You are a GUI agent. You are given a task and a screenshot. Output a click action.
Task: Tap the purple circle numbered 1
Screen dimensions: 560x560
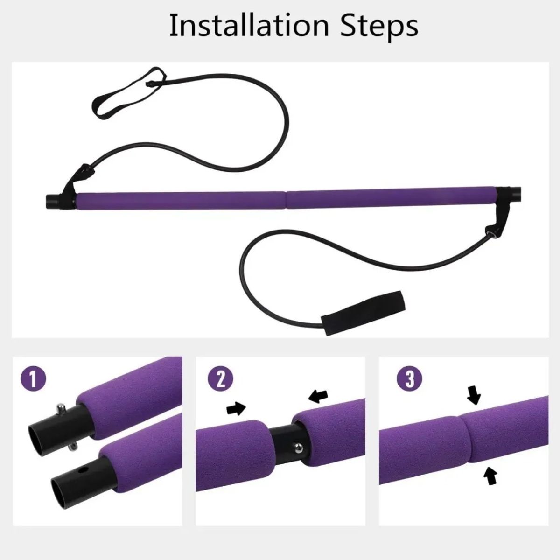point(33,378)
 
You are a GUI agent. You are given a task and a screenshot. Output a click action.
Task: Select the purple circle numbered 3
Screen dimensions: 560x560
point(409,378)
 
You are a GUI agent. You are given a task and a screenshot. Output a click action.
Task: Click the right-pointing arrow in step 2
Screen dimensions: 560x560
point(236,408)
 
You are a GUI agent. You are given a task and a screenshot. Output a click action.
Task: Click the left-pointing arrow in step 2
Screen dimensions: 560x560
point(319,396)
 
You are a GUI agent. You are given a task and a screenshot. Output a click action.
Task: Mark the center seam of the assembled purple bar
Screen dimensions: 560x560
point(286,197)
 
